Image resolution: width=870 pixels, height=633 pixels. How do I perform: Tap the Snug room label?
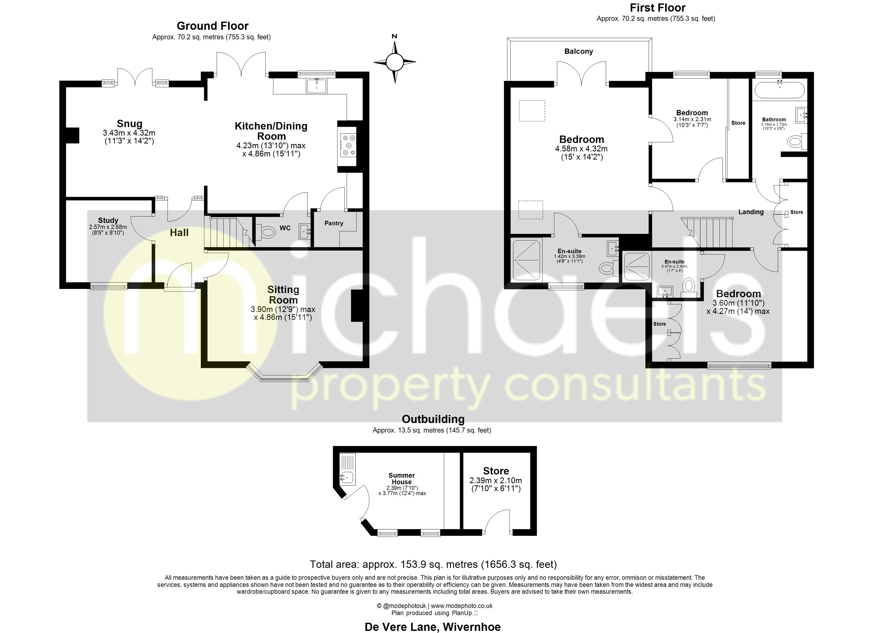coord(130,124)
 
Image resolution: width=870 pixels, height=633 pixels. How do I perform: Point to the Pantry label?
coord(334,223)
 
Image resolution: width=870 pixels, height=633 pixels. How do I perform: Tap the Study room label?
coord(108,220)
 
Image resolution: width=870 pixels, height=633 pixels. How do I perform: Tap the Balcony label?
coord(578,51)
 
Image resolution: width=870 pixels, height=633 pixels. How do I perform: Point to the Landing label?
coord(751,212)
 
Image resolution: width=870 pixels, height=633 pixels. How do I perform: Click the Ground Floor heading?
coord(212,26)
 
